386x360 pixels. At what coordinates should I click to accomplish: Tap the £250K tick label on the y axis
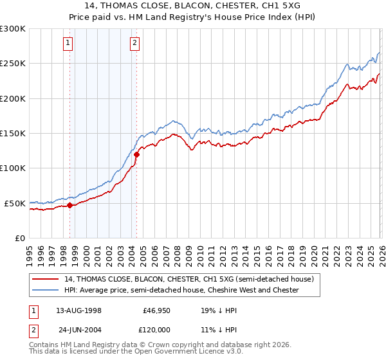click(x=13, y=64)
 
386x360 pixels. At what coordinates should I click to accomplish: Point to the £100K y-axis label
click(x=13, y=168)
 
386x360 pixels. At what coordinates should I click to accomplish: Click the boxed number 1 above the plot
click(x=68, y=43)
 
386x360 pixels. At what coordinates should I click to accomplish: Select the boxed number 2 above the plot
click(x=134, y=43)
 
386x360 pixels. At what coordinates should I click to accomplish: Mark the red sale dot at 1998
click(x=70, y=206)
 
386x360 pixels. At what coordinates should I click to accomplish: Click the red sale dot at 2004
click(x=136, y=154)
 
